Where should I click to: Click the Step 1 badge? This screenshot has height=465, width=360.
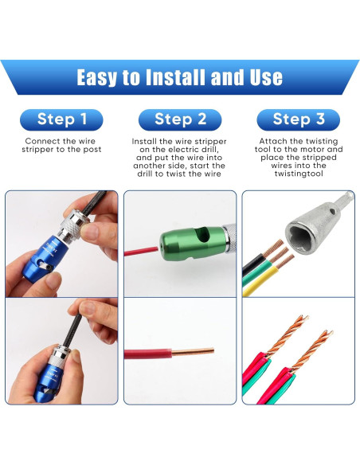(x=61, y=119)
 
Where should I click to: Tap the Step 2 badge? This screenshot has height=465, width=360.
(x=179, y=119)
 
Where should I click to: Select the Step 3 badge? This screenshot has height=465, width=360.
(x=298, y=119)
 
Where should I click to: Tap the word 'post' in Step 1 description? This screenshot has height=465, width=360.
(x=92, y=149)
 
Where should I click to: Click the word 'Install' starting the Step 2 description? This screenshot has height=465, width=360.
(x=146, y=140)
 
